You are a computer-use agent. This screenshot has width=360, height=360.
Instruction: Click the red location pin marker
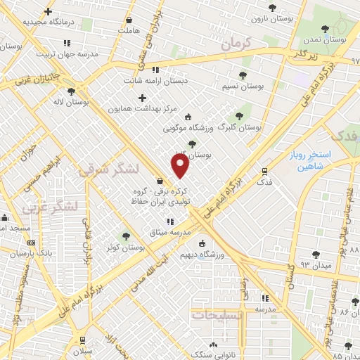pos(181,166)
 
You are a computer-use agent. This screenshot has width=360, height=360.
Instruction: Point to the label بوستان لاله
pos(71,103)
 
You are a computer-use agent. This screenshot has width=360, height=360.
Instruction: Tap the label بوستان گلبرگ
pos(239,128)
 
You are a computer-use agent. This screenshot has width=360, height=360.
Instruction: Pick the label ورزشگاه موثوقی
pos(186,129)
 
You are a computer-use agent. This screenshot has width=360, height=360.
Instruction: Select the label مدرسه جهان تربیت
pos(46,53)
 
